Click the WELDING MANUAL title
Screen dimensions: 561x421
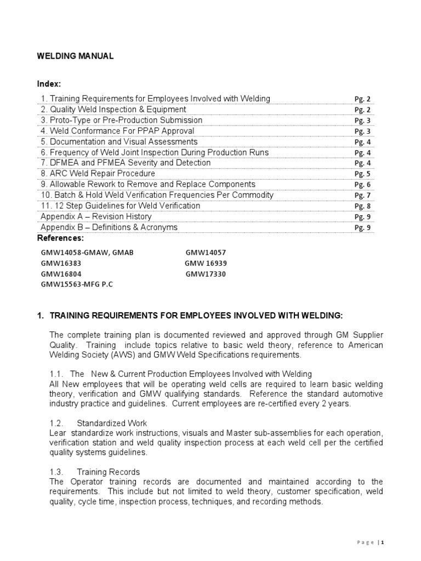[75, 56]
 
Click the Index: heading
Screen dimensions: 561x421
[49, 84]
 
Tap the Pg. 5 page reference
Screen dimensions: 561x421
[362, 174]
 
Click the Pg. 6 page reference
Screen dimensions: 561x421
[362, 185]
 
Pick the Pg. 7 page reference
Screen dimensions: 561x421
[362, 196]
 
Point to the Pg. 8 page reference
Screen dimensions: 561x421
[362, 207]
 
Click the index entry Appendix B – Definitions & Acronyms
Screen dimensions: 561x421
[109, 227]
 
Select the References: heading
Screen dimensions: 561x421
[60, 238]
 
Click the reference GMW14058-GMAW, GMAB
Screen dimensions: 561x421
[87, 253]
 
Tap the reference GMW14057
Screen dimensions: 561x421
[206, 253]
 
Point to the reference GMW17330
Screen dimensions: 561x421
[206, 274]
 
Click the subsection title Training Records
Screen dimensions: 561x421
[108, 472]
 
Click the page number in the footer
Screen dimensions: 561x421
[383, 542]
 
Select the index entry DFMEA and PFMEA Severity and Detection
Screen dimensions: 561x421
[126, 163]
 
